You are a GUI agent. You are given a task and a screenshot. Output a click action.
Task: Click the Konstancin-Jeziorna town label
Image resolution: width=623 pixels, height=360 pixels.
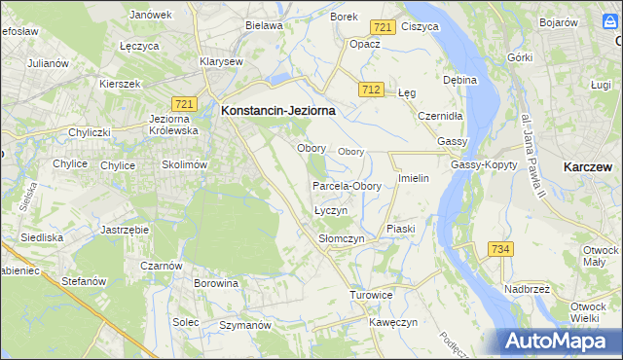pyautogui.click(x=278, y=111)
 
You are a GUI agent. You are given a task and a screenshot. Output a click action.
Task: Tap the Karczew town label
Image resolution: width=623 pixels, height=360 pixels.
pyautogui.click(x=588, y=167)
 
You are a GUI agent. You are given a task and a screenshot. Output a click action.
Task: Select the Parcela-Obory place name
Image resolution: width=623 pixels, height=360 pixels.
pyautogui.click(x=347, y=186)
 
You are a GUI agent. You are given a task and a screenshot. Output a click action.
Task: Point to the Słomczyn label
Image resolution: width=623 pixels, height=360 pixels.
pyautogui.click(x=341, y=238)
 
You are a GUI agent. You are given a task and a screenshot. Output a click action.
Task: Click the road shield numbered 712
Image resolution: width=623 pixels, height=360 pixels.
pyautogui.click(x=369, y=90)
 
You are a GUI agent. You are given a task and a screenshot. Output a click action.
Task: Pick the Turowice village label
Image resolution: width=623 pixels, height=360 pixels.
pyautogui.click(x=371, y=294)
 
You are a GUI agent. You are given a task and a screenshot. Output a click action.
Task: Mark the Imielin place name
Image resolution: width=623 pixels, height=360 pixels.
pyautogui.click(x=414, y=180)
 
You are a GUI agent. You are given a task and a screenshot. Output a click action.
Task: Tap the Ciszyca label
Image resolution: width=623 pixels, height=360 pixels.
pyautogui.click(x=420, y=28)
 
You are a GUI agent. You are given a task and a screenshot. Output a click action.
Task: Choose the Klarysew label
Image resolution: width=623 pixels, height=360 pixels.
pyautogui.click(x=221, y=61)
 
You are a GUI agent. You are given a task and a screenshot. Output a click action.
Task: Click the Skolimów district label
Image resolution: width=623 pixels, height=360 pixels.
pyautogui.click(x=185, y=165)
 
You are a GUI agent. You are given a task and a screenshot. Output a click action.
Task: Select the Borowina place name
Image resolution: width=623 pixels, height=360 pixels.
pyautogui.click(x=216, y=284)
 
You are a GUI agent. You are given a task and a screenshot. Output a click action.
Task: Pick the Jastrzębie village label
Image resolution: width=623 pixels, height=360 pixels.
pyautogui.click(x=124, y=230)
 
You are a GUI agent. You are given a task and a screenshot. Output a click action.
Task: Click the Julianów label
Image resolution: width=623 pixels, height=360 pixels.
pyautogui.click(x=48, y=63)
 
